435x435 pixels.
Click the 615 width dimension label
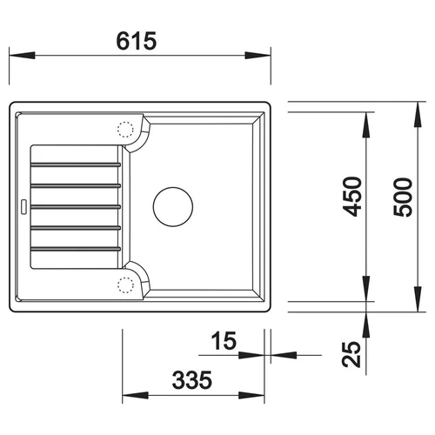point(137,41)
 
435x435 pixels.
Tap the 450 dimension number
point(352,197)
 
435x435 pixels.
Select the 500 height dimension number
point(403,197)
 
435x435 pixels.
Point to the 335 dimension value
point(192,379)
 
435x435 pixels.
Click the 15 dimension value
point(224,340)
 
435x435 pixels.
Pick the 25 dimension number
point(351,354)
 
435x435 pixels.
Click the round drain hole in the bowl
point(173,207)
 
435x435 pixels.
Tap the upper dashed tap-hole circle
point(125,129)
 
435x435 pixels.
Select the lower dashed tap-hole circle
point(125,285)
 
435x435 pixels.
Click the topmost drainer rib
point(76,164)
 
